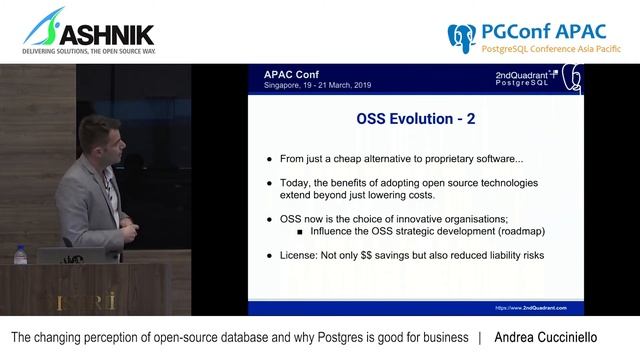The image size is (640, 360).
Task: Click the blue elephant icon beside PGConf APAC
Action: pos(462,36)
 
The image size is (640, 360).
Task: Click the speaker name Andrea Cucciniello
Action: pos(560,339)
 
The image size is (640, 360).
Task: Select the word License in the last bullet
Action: pos(302,255)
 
